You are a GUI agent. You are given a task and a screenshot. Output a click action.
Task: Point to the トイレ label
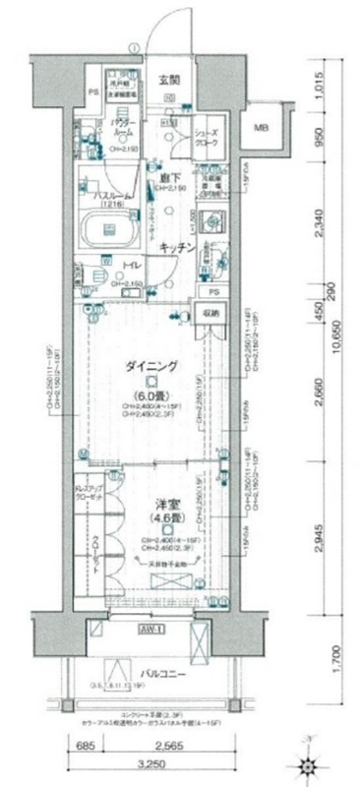pos(129,266)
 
